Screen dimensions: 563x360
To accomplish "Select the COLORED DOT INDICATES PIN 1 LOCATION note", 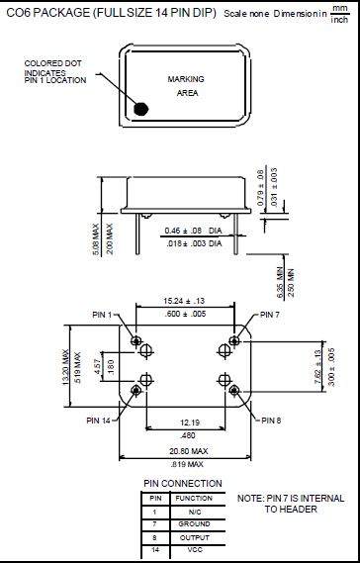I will [x=55, y=72].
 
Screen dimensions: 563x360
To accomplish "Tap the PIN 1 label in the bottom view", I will [x=104, y=315].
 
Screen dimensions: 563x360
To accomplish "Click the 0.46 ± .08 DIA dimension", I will [x=193, y=231].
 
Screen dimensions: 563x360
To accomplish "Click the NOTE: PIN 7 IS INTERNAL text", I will [x=291, y=498].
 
